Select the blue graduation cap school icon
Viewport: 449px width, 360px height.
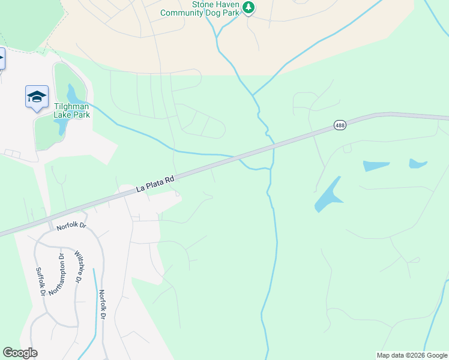tap(37, 97)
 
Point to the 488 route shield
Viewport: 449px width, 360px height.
tap(340, 125)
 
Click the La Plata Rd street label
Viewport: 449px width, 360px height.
tap(155, 183)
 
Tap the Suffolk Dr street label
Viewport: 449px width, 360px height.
tap(40, 281)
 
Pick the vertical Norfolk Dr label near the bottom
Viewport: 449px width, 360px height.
tap(103, 305)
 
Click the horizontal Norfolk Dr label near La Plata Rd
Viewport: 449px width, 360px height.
tap(72, 227)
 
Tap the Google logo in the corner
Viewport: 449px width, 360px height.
tap(20, 353)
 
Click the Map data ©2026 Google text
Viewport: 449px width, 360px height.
tap(411, 355)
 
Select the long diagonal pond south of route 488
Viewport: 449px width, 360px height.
tap(328, 194)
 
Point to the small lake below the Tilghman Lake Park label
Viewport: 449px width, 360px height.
tap(61, 127)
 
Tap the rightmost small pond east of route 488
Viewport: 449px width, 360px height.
tap(418, 163)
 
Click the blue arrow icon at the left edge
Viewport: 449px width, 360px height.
tap(2, 59)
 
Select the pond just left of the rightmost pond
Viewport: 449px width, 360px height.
tap(376, 166)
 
